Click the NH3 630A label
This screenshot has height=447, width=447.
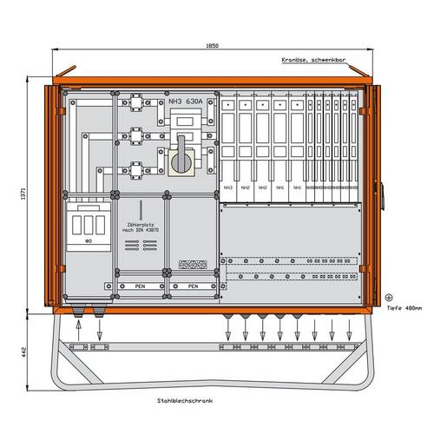(184, 101)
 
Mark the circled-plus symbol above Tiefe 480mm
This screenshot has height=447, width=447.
(388, 296)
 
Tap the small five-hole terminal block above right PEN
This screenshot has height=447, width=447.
(190, 268)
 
